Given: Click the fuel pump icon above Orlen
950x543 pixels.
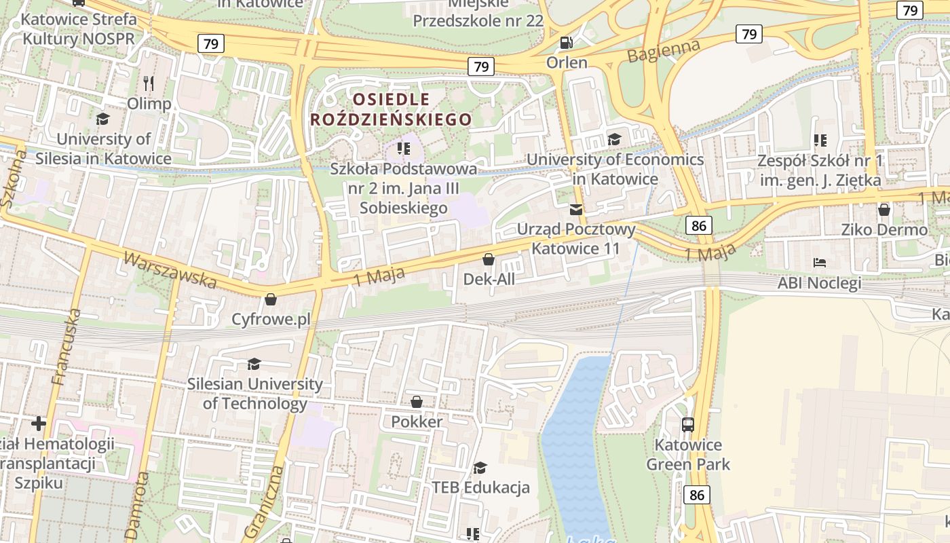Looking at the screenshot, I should tap(566, 43).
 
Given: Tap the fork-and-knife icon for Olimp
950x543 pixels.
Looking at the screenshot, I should tap(149, 83).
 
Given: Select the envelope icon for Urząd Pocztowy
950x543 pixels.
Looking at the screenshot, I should tap(576, 209).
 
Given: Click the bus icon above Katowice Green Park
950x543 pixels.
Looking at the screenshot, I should tap(688, 425).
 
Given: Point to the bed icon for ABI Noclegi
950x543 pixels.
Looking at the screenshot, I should tap(820, 263).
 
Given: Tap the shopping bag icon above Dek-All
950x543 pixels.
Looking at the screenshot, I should tap(488, 259).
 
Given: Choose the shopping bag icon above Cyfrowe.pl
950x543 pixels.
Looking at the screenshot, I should tap(271, 299).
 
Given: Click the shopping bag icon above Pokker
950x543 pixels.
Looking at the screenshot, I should tap(417, 402).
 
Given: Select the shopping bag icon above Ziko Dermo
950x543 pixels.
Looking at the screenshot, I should tap(883, 210).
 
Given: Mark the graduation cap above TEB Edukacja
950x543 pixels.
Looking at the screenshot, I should tap(480, 468).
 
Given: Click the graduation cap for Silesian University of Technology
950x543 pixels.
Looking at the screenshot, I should tap(254, 364).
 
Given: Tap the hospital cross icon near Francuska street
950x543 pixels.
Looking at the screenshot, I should tap(39, 424).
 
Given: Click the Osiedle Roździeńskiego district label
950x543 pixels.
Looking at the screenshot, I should tap(391, 109).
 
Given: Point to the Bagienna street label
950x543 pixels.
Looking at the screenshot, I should tap(663, 52).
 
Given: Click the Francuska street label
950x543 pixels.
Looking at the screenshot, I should tap(66, 347).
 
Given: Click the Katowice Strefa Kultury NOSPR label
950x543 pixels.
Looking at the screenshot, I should tap(79, 29).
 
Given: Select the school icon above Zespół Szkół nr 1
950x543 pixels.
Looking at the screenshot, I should tap(820, 141).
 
